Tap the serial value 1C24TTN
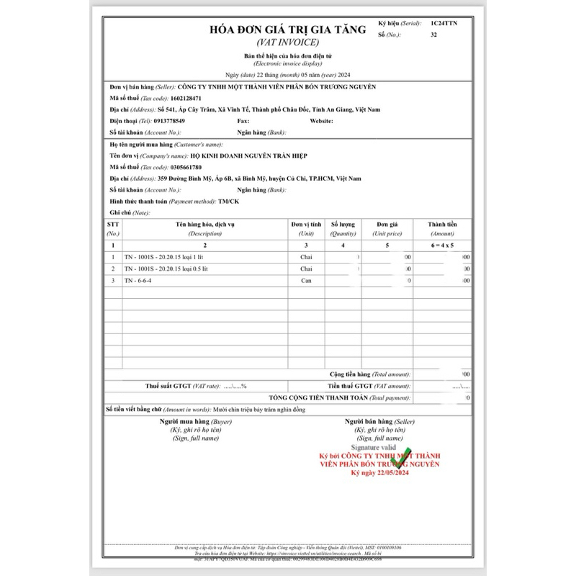tap(444, 23)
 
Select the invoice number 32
tap(433, 35)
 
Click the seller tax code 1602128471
tap(182, 98)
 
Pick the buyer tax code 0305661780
tap(182, 167)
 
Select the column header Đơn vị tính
tap(307, 225)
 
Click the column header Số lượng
tap(343, 225)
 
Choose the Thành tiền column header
tap(442, 225)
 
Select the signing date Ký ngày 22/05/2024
tap(379, 473)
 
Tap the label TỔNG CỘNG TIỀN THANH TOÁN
tap(318, 397)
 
